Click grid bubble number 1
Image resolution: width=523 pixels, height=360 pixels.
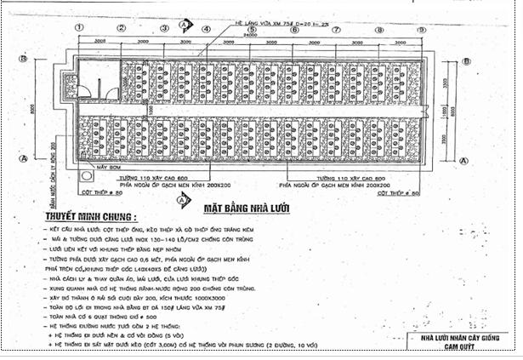[x=78, y=28]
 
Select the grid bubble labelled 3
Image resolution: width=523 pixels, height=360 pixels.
[x=163, y=28]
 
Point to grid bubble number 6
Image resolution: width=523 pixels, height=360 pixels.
[x=293, y=28]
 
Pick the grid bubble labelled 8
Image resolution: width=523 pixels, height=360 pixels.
[x=378, y=28]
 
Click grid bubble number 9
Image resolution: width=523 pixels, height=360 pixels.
[x=421, y=28]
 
